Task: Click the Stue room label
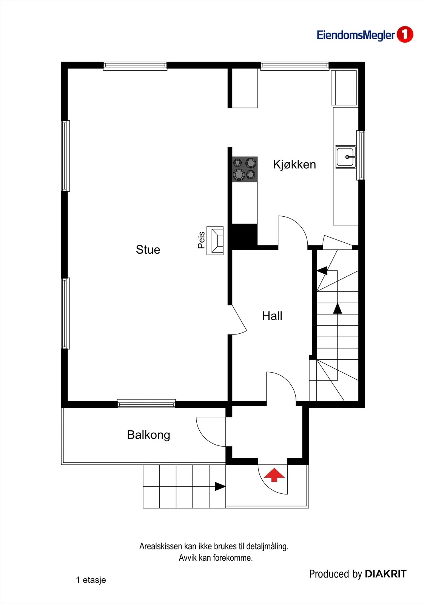[x=148, y=250]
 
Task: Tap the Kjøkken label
[x=294, y=165]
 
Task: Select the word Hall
[x=272, y=316]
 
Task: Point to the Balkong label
[x=148, y=435]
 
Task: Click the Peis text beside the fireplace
[x=201, y=240]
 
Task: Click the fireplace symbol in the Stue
[x=215, y=240]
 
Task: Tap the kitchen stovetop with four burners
[x=245, y=169]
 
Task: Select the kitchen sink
[x=345, y=157]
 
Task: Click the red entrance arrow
[x=274, y=475]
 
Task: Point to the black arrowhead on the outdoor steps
[x=220, y=486]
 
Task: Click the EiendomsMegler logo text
[x=356, y=35]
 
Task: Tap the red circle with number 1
[x=405, y=34]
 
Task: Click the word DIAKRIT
[x=385, y=574]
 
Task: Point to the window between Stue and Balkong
[x=146, y=404]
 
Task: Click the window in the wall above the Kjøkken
[x=294, y=66]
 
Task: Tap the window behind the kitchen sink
[x=361, y=155]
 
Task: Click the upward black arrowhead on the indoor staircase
[x=338, y=308]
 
